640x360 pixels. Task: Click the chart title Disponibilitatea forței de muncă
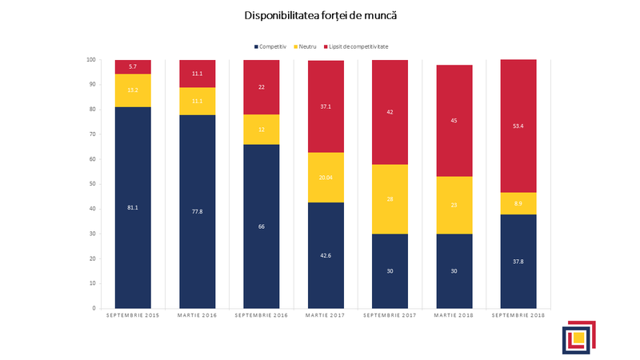(320, 15)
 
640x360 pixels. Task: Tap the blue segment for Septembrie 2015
(133, 207)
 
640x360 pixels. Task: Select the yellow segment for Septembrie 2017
(390, 199)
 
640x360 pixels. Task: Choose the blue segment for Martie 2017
(326, 255)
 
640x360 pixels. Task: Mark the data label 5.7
(133, 66)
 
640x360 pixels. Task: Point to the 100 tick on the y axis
(91, 60)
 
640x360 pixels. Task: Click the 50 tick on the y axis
(93, 184)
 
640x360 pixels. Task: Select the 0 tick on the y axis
(94, 308)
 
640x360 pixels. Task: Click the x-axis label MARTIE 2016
(197, 317)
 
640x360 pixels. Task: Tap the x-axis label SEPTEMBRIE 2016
(262, 317)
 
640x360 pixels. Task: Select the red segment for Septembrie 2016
(262, 87)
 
